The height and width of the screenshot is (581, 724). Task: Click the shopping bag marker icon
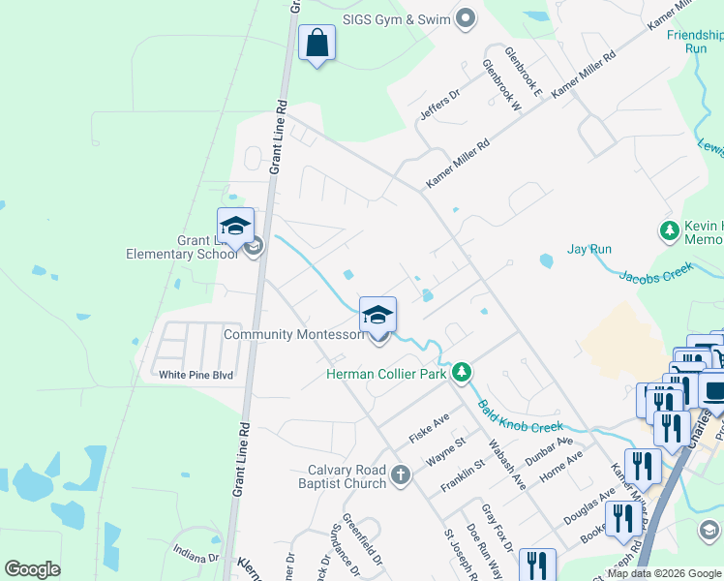pyautogui.click(x=317, y=44)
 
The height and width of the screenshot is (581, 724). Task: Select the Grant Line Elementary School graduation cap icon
pyautogui.click(x=235, y=227)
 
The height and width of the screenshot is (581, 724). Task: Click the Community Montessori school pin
pyautogui.click(x=377, y=314)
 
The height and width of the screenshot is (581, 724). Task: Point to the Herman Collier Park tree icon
pyautogui.click(x=463, y=373)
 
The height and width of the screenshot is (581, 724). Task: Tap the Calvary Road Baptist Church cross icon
pyautogui.click(x=402, y=476)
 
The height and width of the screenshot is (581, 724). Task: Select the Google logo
pyautogui.click(x=32, y=569)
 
